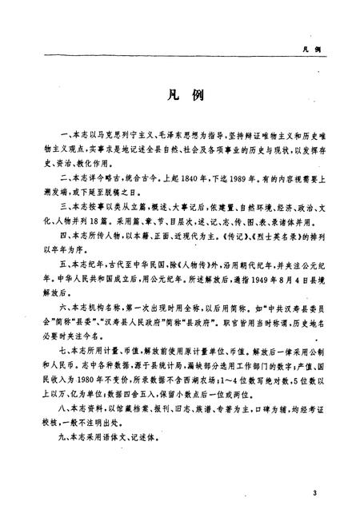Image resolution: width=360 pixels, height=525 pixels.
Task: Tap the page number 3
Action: [x=316, y=493]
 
